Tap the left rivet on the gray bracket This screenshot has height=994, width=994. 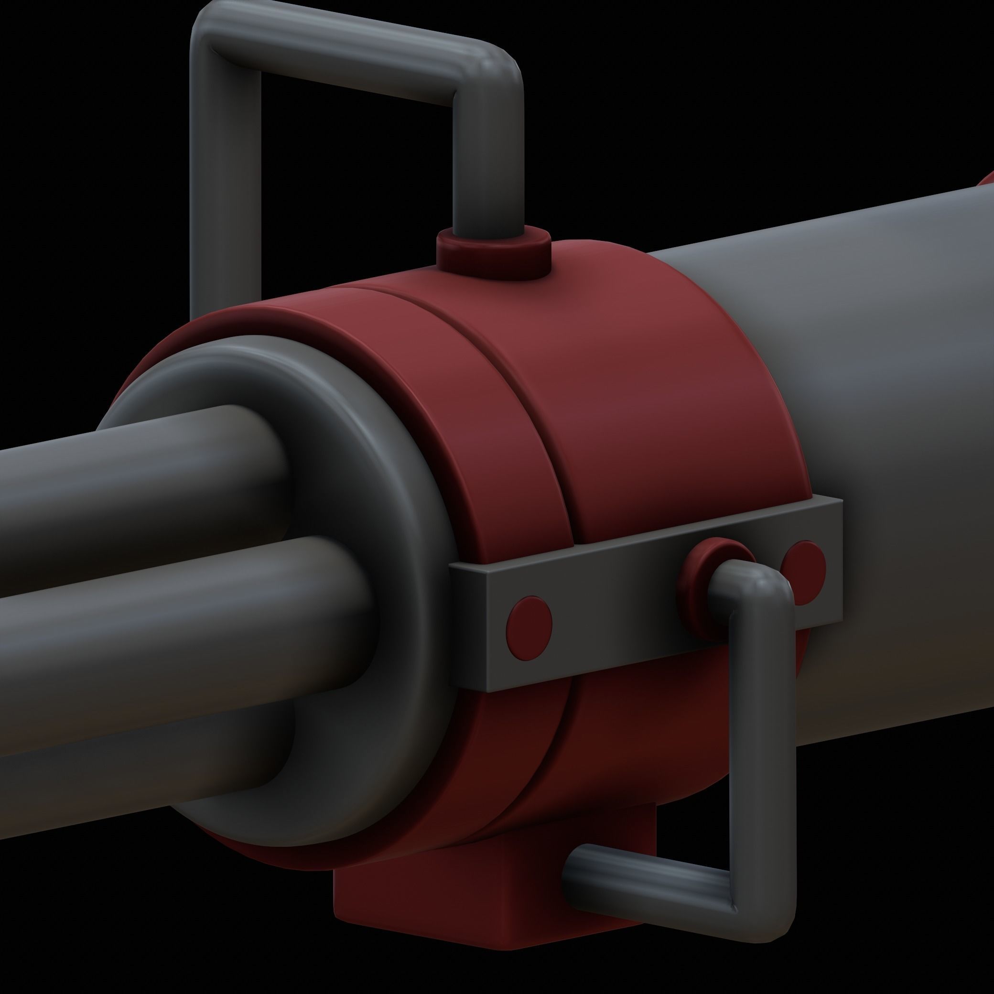[529, 622]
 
